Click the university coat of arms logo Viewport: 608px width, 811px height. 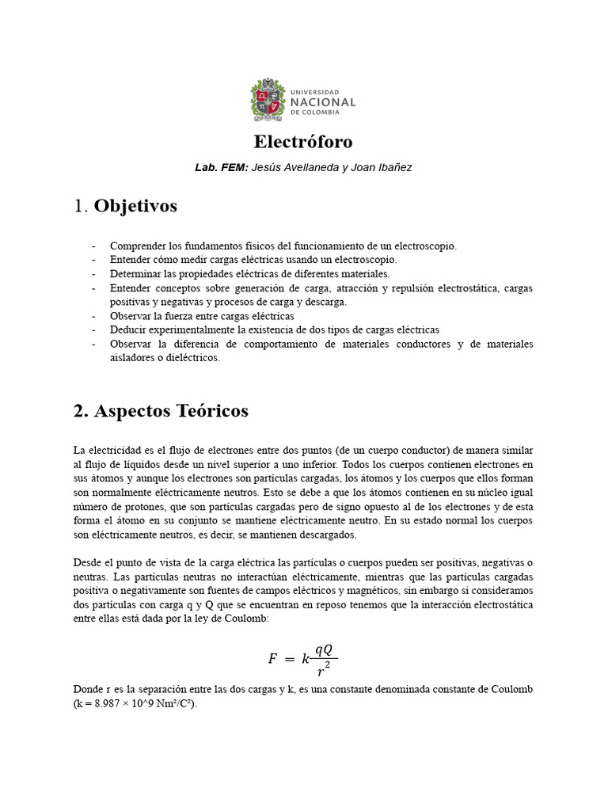click(x=266, y=100)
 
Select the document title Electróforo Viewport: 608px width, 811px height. click(x=303, y=142)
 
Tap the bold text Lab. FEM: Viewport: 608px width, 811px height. click(x=222, y=168)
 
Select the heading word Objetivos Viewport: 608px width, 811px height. click(x=135, y=207)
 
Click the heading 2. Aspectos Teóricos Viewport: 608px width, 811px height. click(x=161, y=411)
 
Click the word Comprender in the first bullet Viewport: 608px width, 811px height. click(x=138, y=246)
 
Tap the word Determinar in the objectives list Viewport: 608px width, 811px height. click(x=135, y=273)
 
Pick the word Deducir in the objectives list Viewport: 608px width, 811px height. click(x=127, y=329)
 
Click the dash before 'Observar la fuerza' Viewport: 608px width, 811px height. click(x=94, y=316)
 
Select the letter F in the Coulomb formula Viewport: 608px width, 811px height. click(x=272, y=658)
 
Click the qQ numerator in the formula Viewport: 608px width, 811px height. click(x=323, y=649)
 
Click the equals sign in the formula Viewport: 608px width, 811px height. click(x=289, y=658)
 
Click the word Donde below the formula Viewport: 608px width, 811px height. click(x=88, y=690)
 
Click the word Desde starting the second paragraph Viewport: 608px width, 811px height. click(x=87, y=562)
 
